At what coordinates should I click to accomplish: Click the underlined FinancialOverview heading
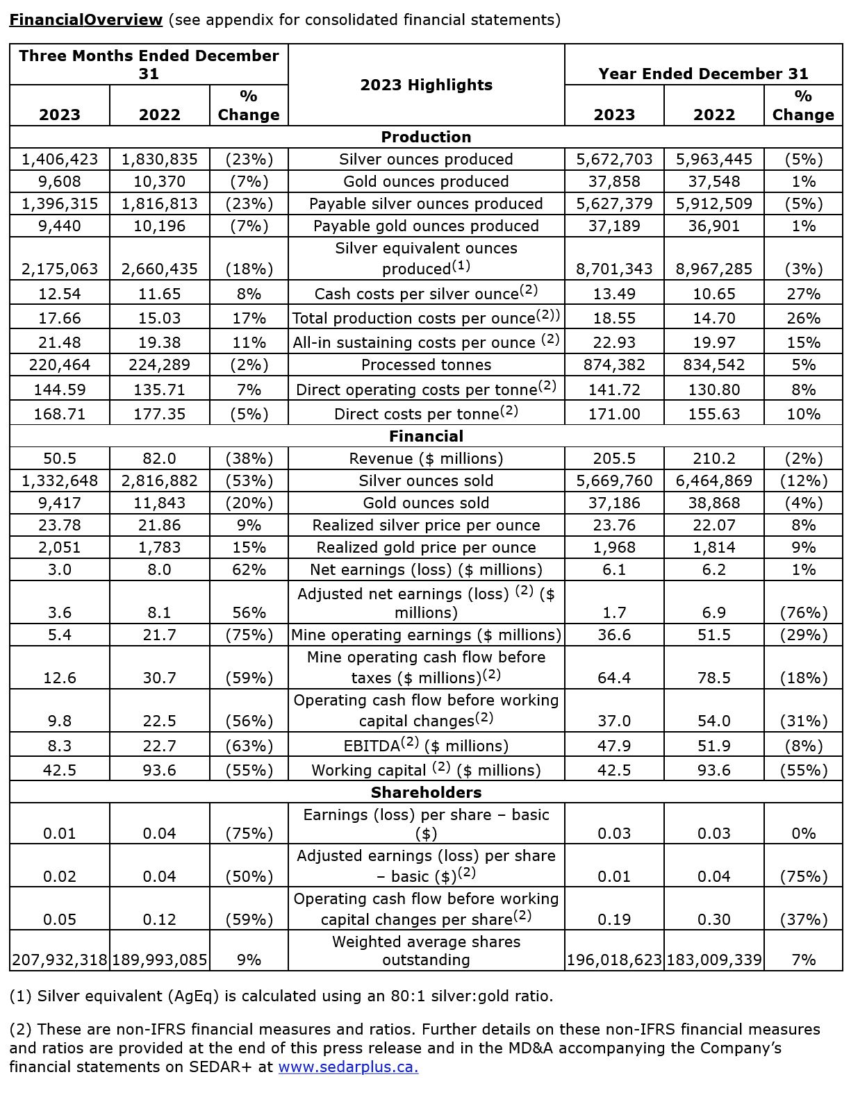click(85, 19)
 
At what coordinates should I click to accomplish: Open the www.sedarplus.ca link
click(348, 1067)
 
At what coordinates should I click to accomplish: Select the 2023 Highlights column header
click(426, 85)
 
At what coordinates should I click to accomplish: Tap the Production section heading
click(426, 137)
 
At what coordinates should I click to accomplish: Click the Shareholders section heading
click(426, 792)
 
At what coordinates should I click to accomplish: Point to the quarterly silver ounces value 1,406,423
click(60, 159)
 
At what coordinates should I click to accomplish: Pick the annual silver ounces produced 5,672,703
click(614, 159)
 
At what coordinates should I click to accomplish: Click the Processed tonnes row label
click(426, 365)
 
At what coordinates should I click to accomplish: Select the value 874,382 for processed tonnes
click(614, 365)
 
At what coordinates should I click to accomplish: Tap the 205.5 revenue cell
click(614, 458)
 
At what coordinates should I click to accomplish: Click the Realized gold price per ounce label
click(426, 547)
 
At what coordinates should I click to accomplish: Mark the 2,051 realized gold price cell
click(60, 547)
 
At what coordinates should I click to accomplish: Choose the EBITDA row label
click(426, 746)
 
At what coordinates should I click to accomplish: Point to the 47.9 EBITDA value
click(614, 746)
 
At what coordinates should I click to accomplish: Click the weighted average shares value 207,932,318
click(60, 960)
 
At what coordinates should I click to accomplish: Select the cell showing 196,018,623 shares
click(614, 960)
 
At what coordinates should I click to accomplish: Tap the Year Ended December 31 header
click(703, 74)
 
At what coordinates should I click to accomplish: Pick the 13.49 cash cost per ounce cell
click(614, 294)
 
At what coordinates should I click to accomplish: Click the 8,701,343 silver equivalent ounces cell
click(614, 269)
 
